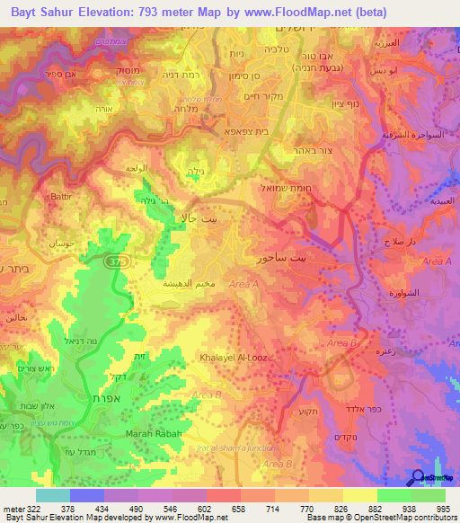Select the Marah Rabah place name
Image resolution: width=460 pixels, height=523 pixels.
coord(159,434)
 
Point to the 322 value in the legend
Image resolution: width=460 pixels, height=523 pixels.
coord(33,508)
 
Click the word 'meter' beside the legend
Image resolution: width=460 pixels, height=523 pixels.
coord(13,508)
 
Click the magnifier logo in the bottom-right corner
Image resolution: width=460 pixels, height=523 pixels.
coord(419,478)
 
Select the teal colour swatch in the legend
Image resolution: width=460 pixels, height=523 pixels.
coord(53,495)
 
